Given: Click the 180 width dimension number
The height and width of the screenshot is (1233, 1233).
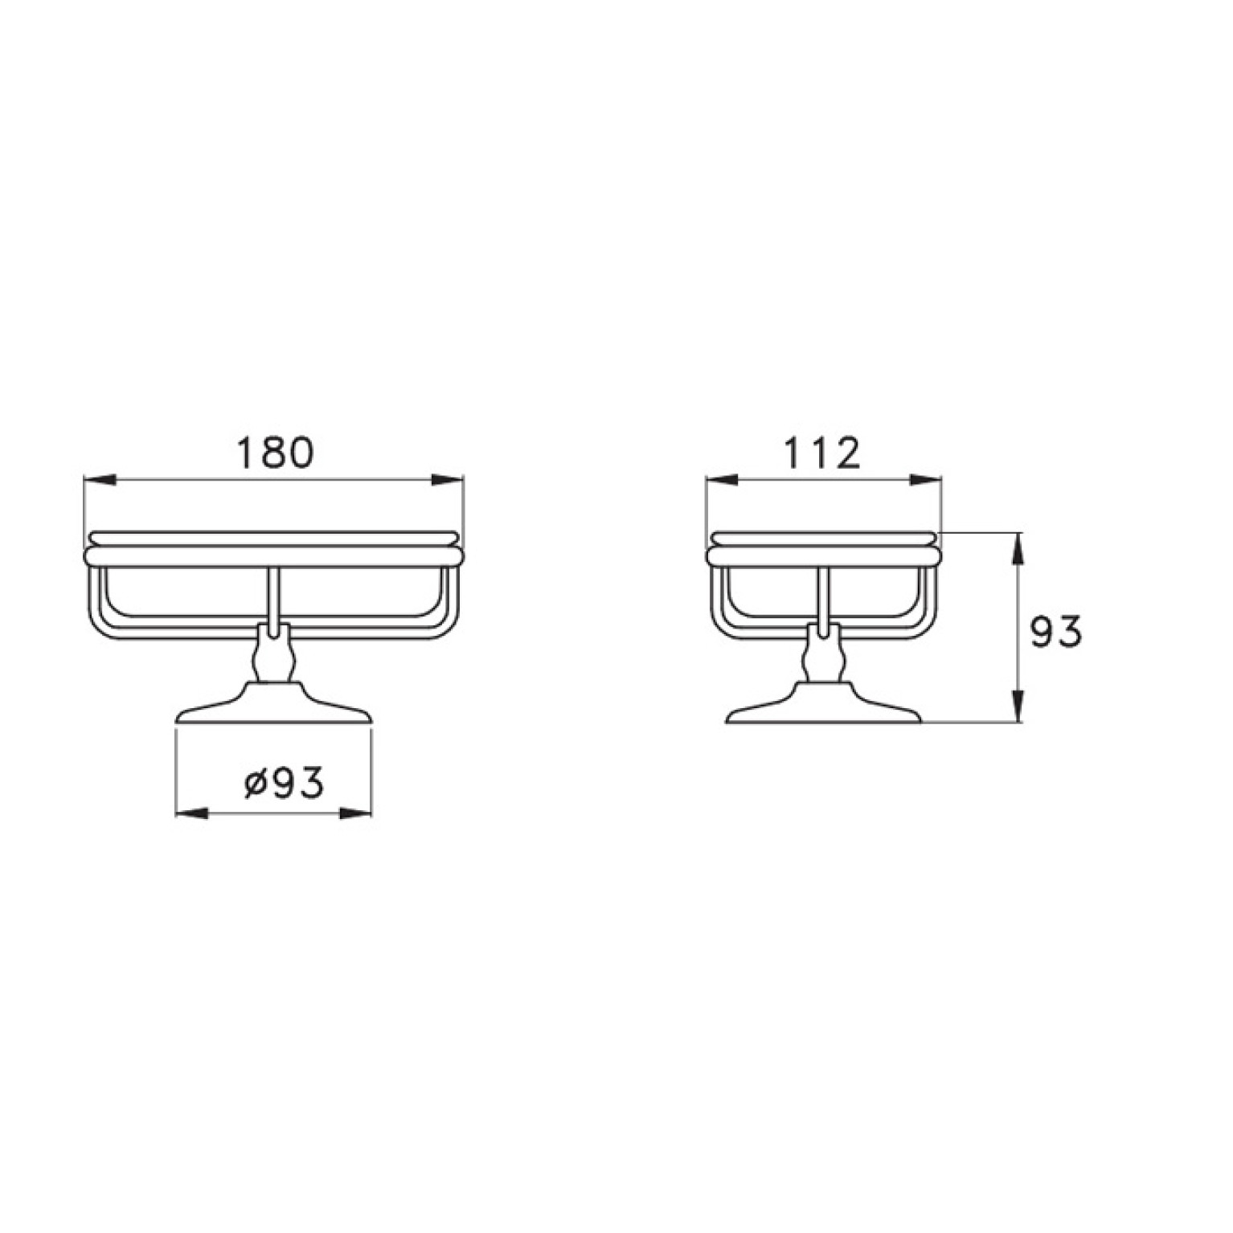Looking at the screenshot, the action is (x=274, y=453).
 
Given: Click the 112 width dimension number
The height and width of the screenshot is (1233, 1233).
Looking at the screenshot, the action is (x=822, y=453).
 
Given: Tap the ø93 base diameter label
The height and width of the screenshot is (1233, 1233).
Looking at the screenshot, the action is (x=284, y=782).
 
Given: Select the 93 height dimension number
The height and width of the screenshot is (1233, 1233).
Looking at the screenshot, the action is (x=1055, y=632).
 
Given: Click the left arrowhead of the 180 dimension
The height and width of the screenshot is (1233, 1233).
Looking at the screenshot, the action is (x=100, y=480).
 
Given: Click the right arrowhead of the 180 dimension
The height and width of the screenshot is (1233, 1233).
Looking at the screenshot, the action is (x=447, y=480).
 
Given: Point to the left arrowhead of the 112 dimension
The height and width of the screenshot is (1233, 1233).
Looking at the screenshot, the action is (x=722, y=480).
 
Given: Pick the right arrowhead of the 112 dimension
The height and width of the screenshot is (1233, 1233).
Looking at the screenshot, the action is (x=925, y=480).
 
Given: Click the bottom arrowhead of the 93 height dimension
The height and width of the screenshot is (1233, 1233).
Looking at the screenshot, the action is (x=1018, y=707).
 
